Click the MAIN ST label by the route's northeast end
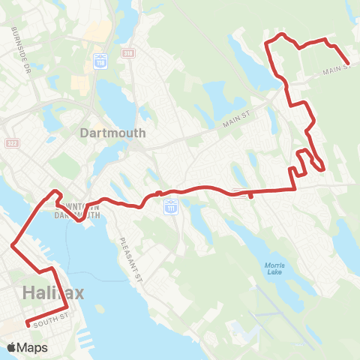coord(337,70)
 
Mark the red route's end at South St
coord(28,325)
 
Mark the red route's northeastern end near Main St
coord(348,64)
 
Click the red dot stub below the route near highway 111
coord(248,198)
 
